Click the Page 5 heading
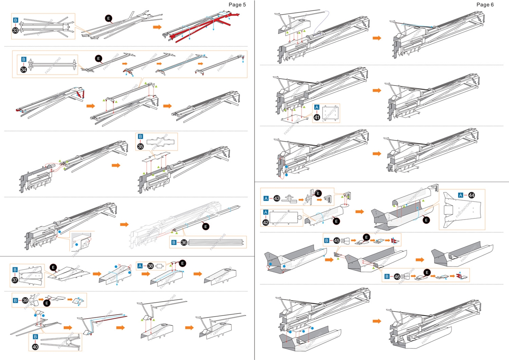(237, 5)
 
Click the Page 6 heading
(485, 4)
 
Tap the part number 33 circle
(16, 30)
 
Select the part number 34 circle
(23, 70)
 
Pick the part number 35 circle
(140, 146)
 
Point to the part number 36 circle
(184, 242)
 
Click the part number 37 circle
(16, 280)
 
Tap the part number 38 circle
(150, 266)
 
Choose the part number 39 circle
(25, 300)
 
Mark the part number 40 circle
(35, 347)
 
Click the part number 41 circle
(317, 117)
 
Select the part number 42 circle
(266, 223)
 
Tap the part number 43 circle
(277, 198)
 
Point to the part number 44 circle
(471, 195)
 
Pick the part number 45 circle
(336, 241)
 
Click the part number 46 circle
(396, 277)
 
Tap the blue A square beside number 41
(317, 107)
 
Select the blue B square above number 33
(16, 20)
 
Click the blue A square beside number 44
(461, 195)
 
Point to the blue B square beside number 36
(174, 242)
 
